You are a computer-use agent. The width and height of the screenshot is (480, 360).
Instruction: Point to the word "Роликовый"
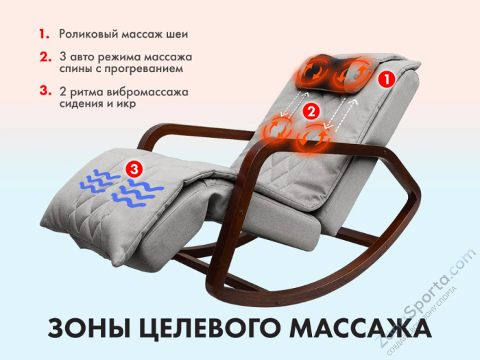pyautogui.click(x=90, y=34)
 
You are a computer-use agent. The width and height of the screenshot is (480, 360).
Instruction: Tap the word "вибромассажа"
pyautogui.click(x=149, y=91)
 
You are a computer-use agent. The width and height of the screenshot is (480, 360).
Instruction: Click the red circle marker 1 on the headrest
pyautogui.click(x=386, y=80)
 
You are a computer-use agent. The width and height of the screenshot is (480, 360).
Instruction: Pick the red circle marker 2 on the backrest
pyautogui.click(x=311, y=110)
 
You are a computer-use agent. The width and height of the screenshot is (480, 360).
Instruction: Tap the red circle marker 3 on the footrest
pyautogui.click(x=134, y=166)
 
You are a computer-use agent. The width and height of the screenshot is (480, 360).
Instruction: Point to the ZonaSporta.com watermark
pyautogui.click(x=426, y=302)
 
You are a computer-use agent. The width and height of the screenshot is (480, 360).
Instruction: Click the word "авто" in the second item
pyautogui.click(x=82, y=56)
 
